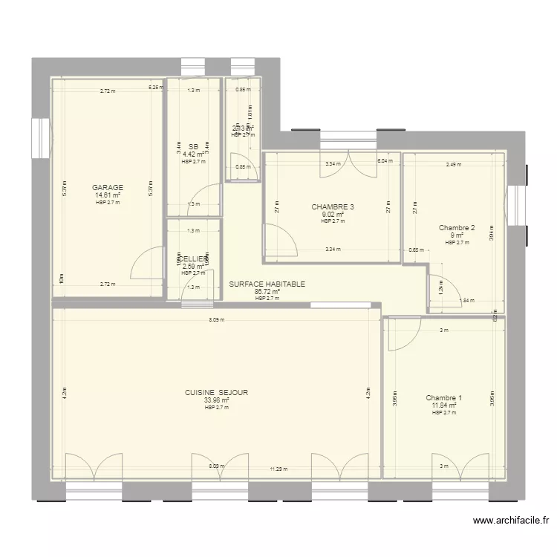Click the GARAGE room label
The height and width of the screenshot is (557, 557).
tap(108, 188)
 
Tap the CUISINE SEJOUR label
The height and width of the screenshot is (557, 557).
tap(217, 392)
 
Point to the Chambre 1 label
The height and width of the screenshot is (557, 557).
tap(444, 398)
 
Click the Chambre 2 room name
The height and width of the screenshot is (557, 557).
tap(456, 228)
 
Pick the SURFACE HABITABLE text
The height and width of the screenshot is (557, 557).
tap(267, 284)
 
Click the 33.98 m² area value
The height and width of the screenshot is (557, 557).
tap(217, 400)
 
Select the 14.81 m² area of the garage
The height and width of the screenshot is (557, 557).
tap(108, 195)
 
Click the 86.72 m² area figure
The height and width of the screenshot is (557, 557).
tap(267, 292)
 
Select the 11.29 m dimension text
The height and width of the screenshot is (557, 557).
tap(278, 469)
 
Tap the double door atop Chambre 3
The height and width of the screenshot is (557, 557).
tap(347, 166)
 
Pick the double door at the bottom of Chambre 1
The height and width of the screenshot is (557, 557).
tap(460, 466)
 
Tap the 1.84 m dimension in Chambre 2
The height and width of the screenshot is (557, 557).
tap(466, 301)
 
